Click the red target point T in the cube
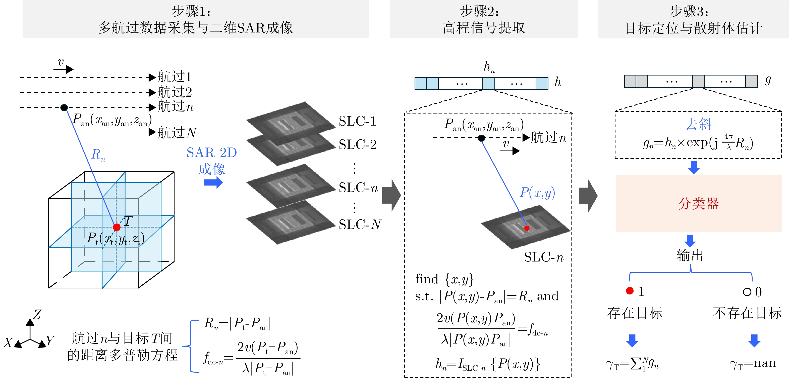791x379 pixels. tap(117, 227)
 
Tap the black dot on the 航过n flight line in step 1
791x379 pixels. tap(64, 107)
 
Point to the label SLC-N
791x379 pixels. tap(360, 224)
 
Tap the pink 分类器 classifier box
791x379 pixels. tap(699, 203)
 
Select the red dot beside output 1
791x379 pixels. tap(630, 291)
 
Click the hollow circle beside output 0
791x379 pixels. tap(747, 292)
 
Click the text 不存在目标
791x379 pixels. tap(747, 313)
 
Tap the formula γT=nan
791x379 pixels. tap(753, 364)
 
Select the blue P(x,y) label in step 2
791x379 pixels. tap(537, 193)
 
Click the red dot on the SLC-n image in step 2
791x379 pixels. tap(527, 228)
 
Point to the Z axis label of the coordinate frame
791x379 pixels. tap(37, 315)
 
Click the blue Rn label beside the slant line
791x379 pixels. tap(98, 155)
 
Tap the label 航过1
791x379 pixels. tap(175, 77)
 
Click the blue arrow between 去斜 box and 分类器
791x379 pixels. tap(694, 167)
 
